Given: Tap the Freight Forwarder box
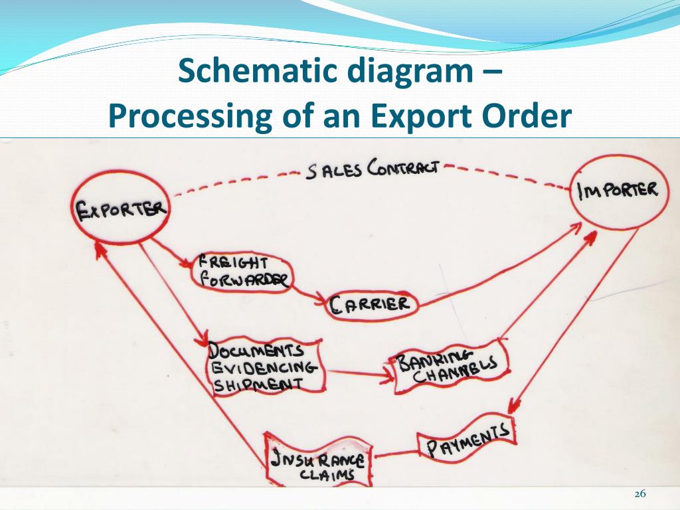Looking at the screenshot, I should (242, 271).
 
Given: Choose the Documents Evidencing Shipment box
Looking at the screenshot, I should (264, 367).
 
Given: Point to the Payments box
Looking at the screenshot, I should (467, 440).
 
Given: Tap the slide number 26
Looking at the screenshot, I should (640, 494).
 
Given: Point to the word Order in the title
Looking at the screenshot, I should (527, 116).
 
